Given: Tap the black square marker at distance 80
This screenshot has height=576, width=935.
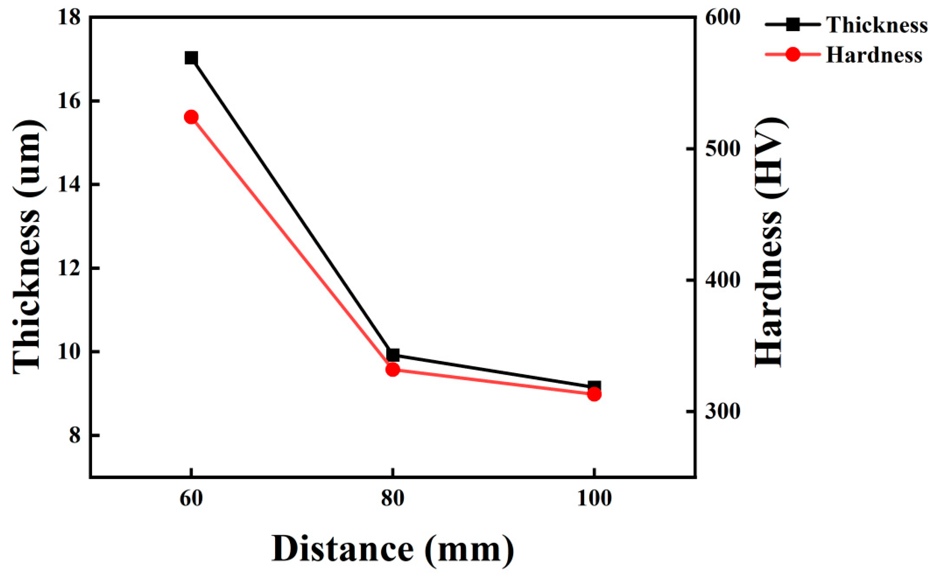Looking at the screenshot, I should pos(392,355).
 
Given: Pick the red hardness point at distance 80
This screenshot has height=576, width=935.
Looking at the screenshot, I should pos(392,369).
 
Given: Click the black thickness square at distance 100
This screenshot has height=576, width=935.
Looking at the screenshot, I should pos(594,387).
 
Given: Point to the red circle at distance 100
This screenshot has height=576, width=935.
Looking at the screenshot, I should pos(594,394).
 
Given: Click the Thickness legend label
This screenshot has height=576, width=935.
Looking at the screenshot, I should pos(877,25).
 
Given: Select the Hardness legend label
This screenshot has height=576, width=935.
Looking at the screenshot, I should pos(874,55).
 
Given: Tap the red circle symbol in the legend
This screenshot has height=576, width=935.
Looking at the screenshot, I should pos(792,55).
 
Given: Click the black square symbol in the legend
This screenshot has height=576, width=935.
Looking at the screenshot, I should pos(792,25).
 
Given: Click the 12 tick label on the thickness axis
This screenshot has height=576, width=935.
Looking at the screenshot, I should pos(69,268).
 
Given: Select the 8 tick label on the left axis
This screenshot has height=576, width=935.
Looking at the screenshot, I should pos(75,436).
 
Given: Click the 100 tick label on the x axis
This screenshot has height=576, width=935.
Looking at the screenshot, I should pos(594,499).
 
